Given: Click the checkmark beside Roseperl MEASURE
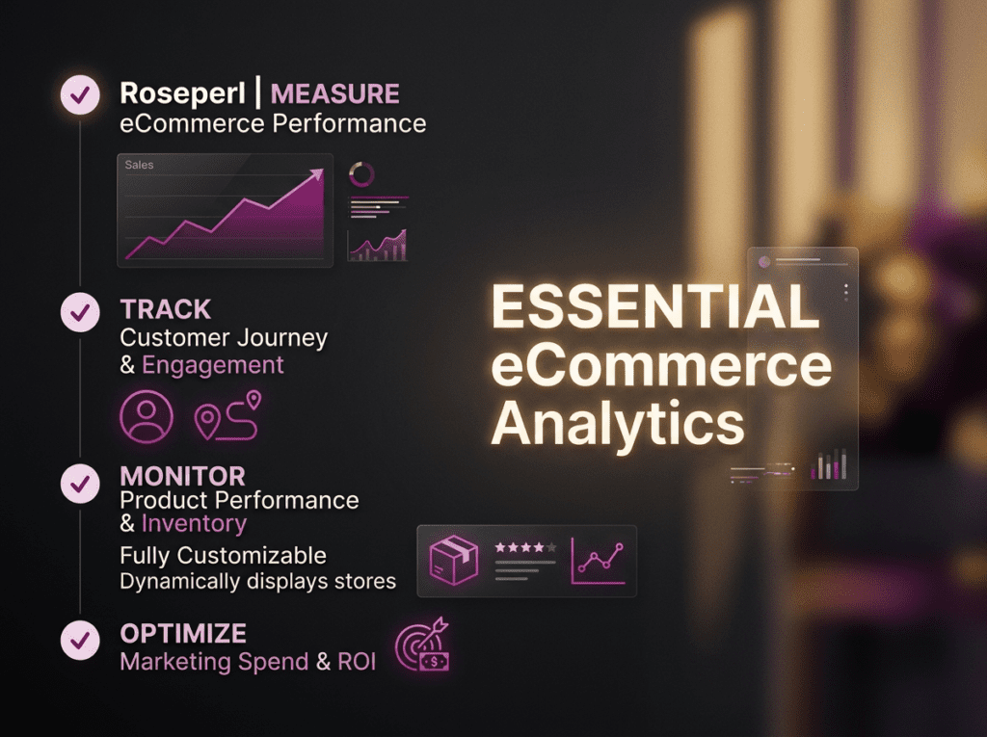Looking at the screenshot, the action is coord(80,95).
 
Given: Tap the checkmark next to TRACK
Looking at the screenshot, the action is coord(80,312).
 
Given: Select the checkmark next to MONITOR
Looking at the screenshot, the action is coord(80,484).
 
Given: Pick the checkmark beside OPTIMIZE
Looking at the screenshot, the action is coord(80,640).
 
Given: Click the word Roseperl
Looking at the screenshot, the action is coord(182,93).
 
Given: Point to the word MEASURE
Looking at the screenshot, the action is coord(334,93).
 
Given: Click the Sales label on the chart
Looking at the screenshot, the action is coord(139,165).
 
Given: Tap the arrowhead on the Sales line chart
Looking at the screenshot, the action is coord(317,174).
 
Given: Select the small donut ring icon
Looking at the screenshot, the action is coord(361,174).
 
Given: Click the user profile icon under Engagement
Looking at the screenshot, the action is coord(147,416).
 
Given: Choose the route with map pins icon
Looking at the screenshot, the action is coord(227,415).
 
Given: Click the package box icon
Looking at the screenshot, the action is coord(453,560).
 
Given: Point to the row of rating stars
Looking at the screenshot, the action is coord(525,547).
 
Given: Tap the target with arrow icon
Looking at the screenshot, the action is coord(422,645).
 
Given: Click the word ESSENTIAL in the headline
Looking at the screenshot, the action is coord(654,306).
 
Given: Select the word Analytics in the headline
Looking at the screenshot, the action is coord(618,424).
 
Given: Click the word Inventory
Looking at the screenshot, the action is coord(194,524).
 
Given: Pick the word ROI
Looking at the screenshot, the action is coord(357,662).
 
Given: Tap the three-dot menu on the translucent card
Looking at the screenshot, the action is coord(846,292).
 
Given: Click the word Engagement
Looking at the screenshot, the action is coord(213,366).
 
